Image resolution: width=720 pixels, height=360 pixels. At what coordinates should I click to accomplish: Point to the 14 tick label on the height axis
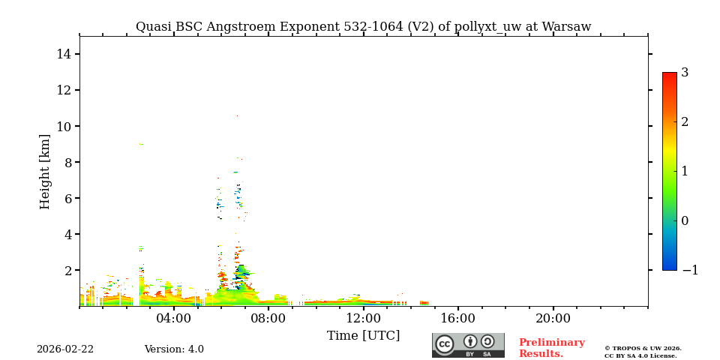coord(63,54)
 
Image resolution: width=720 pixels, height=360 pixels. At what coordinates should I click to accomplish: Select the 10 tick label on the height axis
coord(63,126)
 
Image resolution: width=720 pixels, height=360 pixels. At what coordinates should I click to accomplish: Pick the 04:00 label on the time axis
coord(174,318)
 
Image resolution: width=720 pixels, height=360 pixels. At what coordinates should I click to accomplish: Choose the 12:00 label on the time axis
coord(364,318)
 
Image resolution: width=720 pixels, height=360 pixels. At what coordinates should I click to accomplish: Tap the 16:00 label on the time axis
coord(458,318)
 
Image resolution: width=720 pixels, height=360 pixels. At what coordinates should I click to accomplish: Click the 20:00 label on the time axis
coord(553,318)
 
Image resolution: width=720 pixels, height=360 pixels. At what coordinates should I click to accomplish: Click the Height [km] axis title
coord(46,171)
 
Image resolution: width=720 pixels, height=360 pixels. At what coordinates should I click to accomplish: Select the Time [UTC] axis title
coord(363,335)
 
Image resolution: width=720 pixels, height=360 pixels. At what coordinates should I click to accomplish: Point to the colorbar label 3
coord(685,73)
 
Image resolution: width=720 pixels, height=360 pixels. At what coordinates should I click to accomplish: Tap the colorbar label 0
coord(685,220)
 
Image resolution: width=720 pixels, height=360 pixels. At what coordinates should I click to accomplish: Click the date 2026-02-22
coord(65,349)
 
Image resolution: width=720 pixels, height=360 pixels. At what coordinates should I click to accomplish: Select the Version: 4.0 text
coord(174,349)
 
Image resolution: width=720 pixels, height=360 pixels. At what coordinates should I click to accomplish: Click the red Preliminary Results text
coord(551,348)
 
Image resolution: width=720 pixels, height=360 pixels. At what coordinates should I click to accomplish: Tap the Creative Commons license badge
coord(468,345)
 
